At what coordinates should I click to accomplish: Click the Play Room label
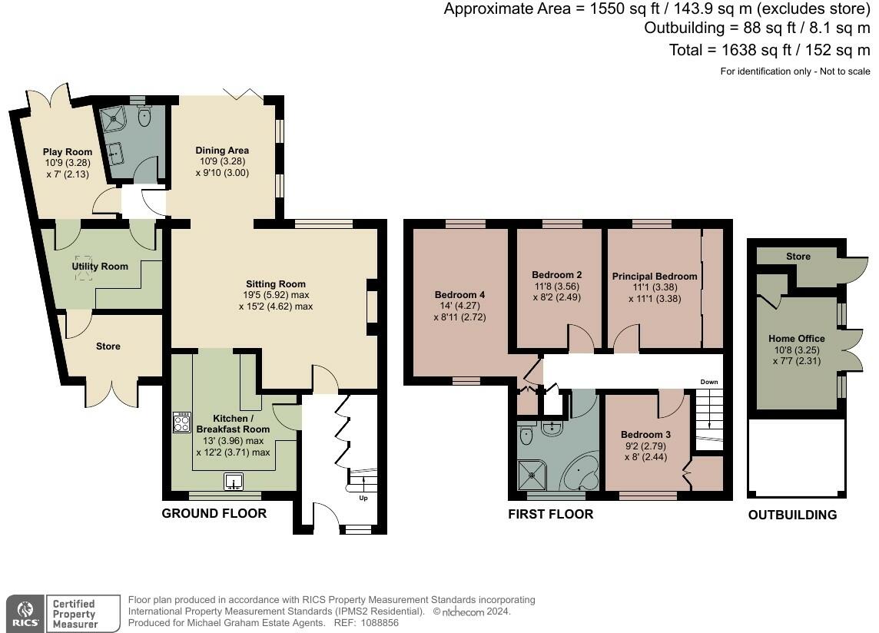(68, 152)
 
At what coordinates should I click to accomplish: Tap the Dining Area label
(222, 151)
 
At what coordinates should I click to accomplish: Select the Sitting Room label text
(276, 284)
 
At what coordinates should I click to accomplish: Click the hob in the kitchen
(181, 423)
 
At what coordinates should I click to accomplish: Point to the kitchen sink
(234, 482)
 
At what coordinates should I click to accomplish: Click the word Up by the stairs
(363, 498)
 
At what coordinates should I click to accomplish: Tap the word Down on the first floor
(709, 382)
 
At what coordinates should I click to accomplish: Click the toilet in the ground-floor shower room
(144, 116)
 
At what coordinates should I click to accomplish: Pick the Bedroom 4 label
(459, 295)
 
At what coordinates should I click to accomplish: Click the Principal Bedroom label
(655, 277)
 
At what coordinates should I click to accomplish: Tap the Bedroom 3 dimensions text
(645, 452)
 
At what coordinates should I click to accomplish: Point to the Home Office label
(797, 339)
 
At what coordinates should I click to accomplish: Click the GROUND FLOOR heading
(214, 513)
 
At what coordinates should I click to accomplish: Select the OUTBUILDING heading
(793, 515)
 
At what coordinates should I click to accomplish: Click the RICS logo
(25, 614)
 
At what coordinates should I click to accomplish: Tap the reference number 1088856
(380, 623)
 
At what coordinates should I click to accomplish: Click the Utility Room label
(100, 267)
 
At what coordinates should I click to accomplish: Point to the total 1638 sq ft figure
(756, 50)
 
